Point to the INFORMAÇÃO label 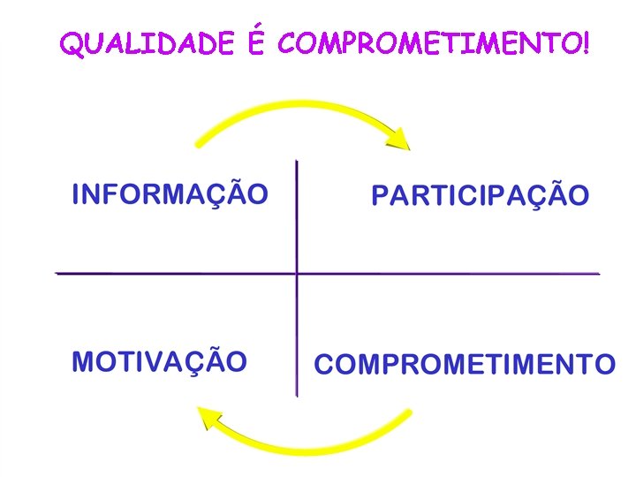tap(170, 193)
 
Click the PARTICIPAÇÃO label tap(480, 195)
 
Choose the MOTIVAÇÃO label tap(159, 361)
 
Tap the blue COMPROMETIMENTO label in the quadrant tap(465, 364)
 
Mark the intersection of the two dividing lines tap(297, 274)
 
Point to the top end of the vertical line tap(297, 162)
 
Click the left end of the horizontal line tap(57, 274)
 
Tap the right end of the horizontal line tap(599, 274)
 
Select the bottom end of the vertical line tap(297, 395)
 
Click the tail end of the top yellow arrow tap(198, 144)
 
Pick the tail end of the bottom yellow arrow tap(410, 412)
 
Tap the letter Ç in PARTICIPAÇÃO tap(534, 196)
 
